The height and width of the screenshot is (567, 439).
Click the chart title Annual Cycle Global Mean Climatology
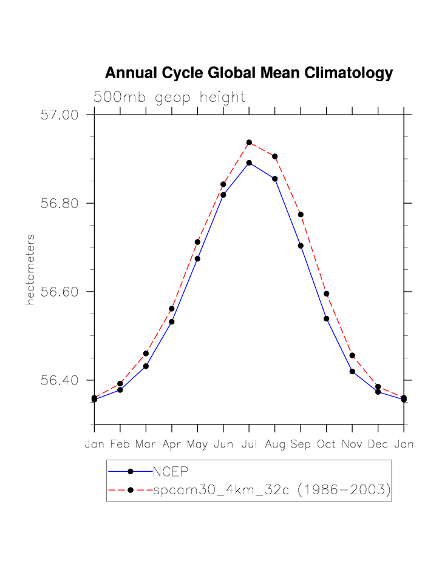click(249, 73)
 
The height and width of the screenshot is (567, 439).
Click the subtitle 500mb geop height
click(169, 97)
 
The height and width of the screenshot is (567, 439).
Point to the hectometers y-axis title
click(30, 269)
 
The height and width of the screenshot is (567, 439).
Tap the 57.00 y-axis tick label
click(60, 115)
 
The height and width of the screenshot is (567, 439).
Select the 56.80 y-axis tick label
click(60, 203)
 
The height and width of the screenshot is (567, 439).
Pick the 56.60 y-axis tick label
click(60, 292)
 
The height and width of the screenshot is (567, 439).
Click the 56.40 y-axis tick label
click(60, 380)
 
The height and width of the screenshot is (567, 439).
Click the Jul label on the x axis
click(249, 445)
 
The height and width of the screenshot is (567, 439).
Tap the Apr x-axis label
click(172, 445)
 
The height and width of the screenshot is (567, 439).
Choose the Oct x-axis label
click(326, 445)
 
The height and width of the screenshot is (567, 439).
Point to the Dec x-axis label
click(378, 445)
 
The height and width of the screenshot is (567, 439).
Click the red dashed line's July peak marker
click(249, 143)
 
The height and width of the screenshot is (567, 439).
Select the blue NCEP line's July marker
click(249, 163)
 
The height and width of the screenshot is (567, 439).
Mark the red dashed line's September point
click(301, 215)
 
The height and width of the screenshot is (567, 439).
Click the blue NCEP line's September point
click(301, 246)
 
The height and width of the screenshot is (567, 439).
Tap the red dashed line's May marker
click(197, 242)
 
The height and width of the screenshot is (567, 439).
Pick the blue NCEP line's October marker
click(326, 318)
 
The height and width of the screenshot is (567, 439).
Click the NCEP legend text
click(171, 471)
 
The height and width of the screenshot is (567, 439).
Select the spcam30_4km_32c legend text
click(271, 490)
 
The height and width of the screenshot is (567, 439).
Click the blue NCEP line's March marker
click(146, 366)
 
